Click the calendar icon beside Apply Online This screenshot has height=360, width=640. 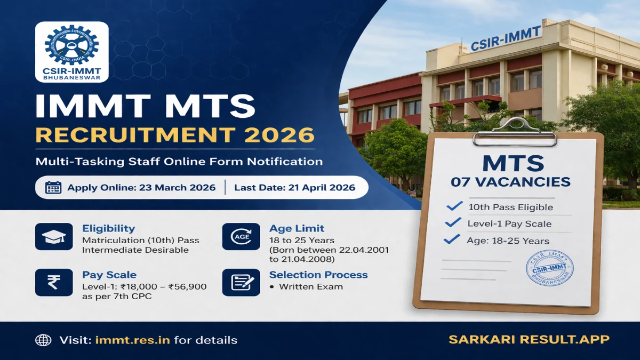point(53,187)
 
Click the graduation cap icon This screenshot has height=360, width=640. point(54,237)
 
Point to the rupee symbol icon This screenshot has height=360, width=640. point(54,283)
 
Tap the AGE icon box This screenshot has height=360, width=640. point(241,237)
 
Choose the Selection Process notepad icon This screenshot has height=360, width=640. point(241,283)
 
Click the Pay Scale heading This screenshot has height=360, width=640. point(109,275)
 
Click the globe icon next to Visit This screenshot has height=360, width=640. point(43,340)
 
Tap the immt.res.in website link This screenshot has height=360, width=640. point(132,340)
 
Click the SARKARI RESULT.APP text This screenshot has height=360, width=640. point(529,340)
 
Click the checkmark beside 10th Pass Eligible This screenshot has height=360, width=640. point(454,206)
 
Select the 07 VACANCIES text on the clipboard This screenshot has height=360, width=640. point(510,182)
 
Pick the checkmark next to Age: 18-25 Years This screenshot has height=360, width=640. point(452,240)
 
